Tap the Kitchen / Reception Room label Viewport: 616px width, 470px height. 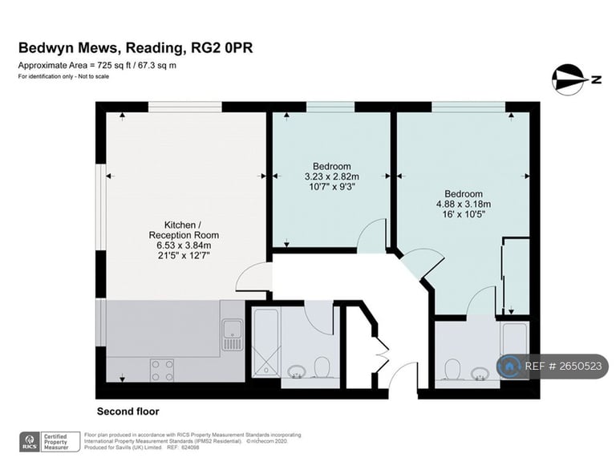[184, 230]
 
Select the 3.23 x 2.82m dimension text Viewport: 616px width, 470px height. [332, 176]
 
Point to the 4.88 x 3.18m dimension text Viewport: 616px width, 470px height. [464, 204]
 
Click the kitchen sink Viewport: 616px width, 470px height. [232, 334]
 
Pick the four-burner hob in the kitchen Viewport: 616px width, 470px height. [162, 371]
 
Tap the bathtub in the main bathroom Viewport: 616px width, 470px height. [266, 342]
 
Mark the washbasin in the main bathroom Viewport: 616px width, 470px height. [297, 371]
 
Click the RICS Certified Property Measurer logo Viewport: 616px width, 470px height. [50, 442]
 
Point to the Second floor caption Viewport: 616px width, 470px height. [128, 411]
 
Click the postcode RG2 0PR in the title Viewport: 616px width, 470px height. [221, 47]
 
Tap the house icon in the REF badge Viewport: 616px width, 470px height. [509, 367]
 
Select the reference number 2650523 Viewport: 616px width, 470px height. [580, 367]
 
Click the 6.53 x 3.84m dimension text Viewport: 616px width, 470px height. [184, 245]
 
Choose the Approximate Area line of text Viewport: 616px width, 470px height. [97, 66]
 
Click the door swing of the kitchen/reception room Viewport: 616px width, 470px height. [254, 278]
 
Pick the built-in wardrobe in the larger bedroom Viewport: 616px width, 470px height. [516, 276]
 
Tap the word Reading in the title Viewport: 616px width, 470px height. [154, 48]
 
